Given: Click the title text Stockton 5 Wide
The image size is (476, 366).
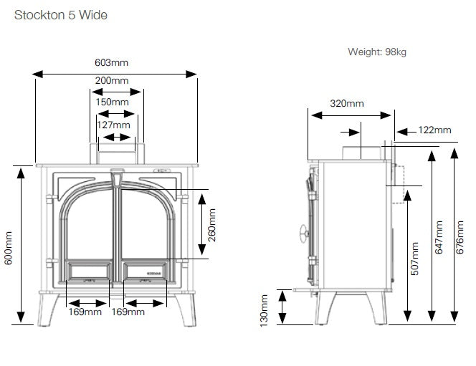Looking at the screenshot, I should [57, 14].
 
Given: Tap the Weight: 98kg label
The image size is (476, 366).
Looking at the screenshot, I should [377, 52].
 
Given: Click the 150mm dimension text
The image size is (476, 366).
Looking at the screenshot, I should [113, 102].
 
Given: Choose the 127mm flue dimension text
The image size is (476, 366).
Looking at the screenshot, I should [113, 125].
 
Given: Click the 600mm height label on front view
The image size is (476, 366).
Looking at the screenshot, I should [9, 247].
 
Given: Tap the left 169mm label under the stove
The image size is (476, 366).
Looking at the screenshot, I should [85, 312].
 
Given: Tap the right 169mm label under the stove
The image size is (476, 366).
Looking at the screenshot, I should [129, 312].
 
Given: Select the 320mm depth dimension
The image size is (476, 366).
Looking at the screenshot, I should [347, 103].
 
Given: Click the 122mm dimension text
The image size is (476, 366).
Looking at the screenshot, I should [434, 130].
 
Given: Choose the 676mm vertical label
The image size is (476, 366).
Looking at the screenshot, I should [461, 236].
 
